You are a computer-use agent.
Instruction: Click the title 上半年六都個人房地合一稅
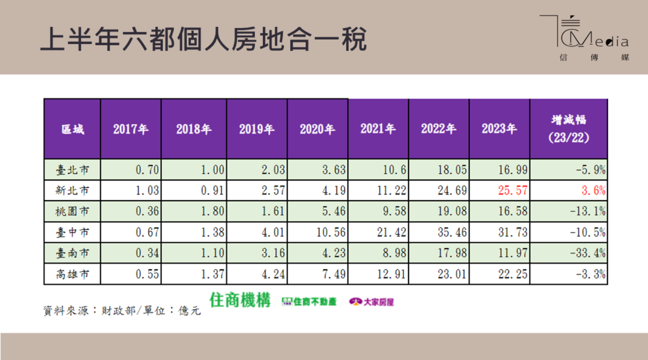point(204,40)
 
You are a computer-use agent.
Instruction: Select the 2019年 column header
point(257,129)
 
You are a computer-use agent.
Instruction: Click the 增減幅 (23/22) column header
point(568,129)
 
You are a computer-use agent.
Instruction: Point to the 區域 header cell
point(72,129)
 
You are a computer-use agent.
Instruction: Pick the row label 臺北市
point(72,170)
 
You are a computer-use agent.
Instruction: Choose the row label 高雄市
point(72,274)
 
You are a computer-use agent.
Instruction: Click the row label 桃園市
point(72,211)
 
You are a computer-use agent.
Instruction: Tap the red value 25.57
point(513,191)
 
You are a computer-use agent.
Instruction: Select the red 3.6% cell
point(593,191)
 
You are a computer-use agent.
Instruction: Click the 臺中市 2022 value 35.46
point(452,232)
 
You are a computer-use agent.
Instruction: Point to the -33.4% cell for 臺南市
point(588,253)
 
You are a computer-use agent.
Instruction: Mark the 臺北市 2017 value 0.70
point(147,170)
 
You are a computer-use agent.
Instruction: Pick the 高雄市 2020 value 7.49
point(334,274)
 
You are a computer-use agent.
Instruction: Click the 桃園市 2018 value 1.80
point(212,211)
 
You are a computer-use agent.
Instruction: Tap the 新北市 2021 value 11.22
point(391,191)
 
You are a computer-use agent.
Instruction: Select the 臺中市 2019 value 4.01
point(273,232)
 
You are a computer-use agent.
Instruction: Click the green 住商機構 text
point(240,301)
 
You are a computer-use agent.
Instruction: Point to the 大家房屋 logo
point(372,302)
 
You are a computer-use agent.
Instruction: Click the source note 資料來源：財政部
point(88,311)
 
